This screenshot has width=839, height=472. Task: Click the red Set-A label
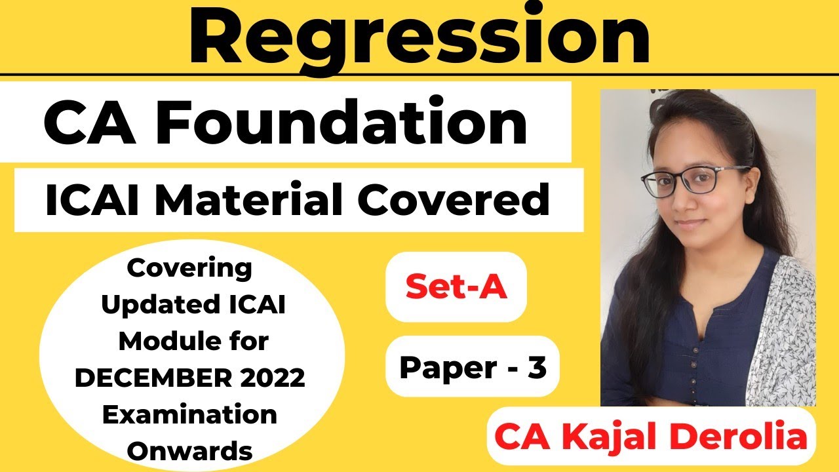point(456,287)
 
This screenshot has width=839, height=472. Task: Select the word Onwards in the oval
point(190,450)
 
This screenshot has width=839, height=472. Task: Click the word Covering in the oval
point(189,267)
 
